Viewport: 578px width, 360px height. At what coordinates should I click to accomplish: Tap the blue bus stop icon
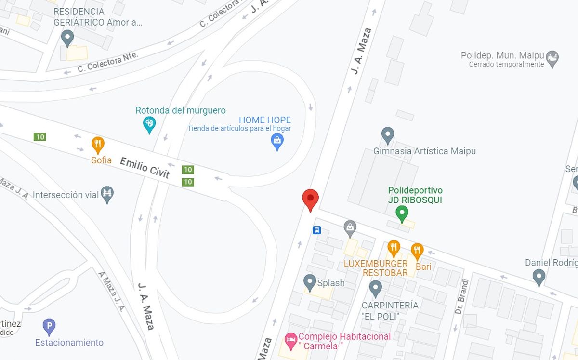[x=317, y=230]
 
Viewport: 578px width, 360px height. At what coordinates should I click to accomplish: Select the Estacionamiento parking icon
[x=49, y=326]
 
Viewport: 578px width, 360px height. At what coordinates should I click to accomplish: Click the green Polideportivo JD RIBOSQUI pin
[x=402, y=213]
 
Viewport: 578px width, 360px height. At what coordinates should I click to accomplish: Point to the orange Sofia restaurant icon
[x=98, y=144]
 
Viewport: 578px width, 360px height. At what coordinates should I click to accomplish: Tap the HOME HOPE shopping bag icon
[x=277, y=141]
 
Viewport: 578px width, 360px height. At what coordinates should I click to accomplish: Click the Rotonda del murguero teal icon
[x=150, y=125]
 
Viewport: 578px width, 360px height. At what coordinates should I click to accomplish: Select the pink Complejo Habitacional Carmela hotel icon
[x=290, y=341]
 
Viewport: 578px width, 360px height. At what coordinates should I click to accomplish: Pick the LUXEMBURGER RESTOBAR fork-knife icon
[x=394, y=248]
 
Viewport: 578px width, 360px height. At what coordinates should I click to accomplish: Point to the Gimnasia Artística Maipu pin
[x=387, y=135]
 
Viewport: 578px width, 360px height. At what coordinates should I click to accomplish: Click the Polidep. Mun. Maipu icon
[x=552, y=59]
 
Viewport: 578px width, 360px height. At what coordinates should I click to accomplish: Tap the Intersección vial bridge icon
[x=107, y=194]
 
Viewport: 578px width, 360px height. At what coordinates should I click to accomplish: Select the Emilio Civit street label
[x=144, y=168]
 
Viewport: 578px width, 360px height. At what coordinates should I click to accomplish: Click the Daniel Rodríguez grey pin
[x=539, y=277]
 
